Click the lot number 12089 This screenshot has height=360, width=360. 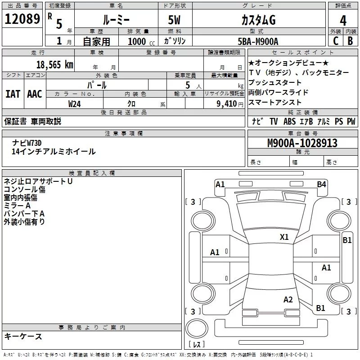[x=22, y=19]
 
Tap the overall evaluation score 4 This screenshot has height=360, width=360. [x=343, y=20]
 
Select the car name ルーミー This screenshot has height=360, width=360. [x=116, y=20]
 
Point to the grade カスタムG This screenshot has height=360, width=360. [x=258, y=20]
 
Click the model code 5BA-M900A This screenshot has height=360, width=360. [x=258, y=41]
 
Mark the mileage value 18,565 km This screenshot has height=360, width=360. [x=54, y=64]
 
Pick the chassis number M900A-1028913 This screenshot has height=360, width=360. [x=302, y=143]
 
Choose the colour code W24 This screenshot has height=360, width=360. [x=75, y=103]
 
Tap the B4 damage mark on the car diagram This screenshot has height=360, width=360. [x=321, y=184]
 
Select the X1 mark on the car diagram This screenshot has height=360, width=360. [x=284, y=237]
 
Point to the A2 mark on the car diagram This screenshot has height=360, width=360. [x=288, y=300]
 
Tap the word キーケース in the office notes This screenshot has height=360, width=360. [x=23, y=336]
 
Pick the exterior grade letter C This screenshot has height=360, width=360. [x=335, y=40]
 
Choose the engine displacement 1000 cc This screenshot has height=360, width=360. [x=140, y=41]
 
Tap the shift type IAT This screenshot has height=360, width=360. [x=13, y=94]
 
